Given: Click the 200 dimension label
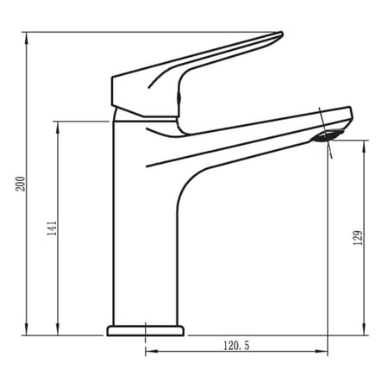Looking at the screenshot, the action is coord(21,184).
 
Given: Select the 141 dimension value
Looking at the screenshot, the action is coord(52,228).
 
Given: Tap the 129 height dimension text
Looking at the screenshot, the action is coord(358,238).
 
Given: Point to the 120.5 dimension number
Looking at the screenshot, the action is coord(236,346).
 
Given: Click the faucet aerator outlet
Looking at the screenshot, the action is coord(328,135).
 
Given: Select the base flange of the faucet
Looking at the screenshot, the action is coord(146,331).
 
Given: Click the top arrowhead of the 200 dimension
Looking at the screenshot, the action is coord(27,38).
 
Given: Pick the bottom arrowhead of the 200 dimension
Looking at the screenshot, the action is coord(27,329).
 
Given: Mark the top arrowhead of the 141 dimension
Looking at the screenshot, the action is coord(58,128).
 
